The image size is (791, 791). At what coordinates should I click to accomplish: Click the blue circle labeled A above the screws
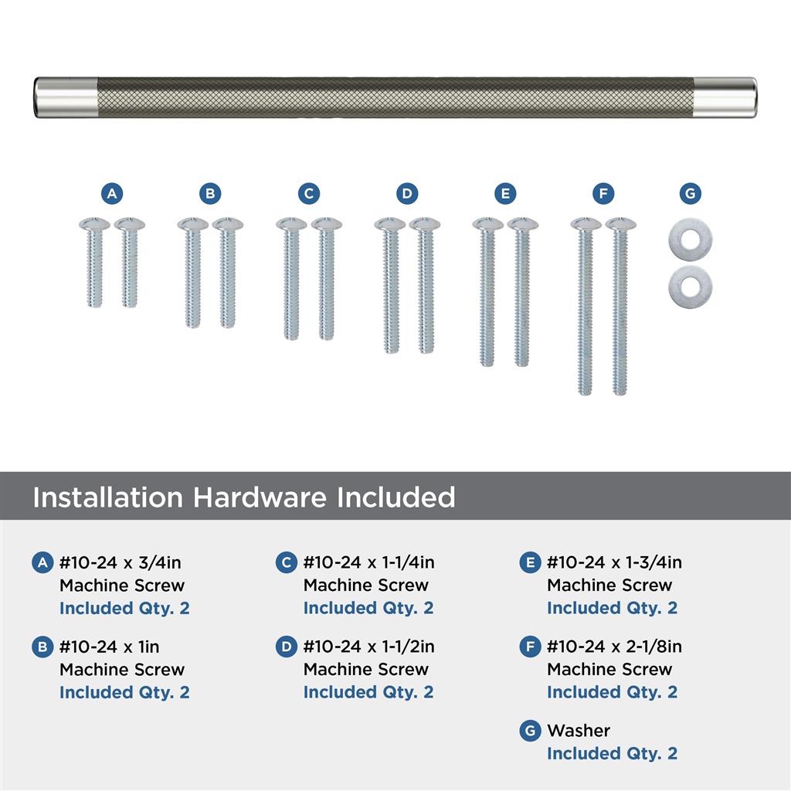point(112,193)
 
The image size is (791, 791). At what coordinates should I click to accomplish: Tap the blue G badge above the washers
point(690,193)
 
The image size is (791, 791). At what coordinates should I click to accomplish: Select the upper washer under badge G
point(690,240)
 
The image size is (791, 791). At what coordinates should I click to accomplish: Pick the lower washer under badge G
point(690,286)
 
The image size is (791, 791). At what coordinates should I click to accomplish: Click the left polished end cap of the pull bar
point(66,97)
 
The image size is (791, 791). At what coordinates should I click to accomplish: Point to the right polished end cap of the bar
point(725,97)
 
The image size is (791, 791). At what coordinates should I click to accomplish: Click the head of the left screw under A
point(94,223)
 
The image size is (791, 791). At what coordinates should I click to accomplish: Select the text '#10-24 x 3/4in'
point(120,562)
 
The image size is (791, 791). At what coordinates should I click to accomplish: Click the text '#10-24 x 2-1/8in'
point(614,647)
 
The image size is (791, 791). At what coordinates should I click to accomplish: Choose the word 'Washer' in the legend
point(579,731)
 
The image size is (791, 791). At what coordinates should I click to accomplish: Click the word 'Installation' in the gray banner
point(108,497)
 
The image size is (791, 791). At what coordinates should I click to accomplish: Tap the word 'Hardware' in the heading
point(260,497)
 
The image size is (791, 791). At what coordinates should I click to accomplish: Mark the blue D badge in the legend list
point(286,647)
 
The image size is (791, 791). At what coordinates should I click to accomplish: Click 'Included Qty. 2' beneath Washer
point(612,753)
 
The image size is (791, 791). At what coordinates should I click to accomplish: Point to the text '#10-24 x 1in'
point(110,647)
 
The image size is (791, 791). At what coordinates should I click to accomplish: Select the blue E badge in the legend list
point(530,562)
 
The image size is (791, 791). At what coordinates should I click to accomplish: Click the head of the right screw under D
point(425,223)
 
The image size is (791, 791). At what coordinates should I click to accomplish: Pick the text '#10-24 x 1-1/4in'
point(368,562)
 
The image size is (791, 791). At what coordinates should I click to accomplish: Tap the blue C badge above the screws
point(309,193)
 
